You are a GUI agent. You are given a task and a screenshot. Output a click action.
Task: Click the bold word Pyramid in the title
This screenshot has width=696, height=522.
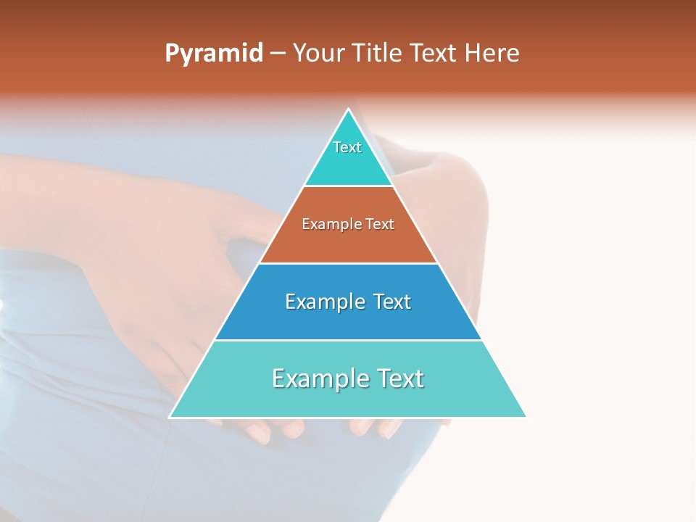point(214,54)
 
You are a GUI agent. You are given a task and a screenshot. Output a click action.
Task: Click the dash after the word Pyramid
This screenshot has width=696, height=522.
point(278,54)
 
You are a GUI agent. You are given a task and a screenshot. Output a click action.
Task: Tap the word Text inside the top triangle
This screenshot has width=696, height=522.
point(347,147)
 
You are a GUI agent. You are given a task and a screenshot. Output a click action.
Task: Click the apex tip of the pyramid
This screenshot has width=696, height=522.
point(349,110)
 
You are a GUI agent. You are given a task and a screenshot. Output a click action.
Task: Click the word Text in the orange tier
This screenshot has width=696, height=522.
point(380,224)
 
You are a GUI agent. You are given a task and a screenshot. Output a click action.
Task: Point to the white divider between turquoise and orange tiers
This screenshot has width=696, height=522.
point(349,186)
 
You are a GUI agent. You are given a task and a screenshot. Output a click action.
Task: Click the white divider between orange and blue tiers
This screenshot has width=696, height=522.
point(349,263)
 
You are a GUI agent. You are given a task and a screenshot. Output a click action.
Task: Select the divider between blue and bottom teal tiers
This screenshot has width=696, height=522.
point(349,340)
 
